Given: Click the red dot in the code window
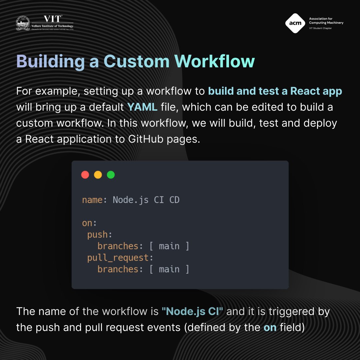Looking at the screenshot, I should [85, 175].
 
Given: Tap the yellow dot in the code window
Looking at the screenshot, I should [98, 175].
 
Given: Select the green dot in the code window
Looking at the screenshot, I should [111, 175].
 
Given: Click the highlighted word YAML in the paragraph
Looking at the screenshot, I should [142, 107].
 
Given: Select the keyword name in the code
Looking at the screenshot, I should [92, 200].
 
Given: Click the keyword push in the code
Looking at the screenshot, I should [97, 235].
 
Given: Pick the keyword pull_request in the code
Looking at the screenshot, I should [117, 258].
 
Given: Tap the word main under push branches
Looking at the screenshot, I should [169, 246].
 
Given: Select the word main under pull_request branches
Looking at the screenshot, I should [169, 269].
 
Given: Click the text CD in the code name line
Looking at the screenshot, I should [174, 200].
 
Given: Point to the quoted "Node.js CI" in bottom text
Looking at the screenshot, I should [192, 312].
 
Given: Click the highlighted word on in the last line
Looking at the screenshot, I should [270, 327].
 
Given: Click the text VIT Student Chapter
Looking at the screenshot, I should [320, 28].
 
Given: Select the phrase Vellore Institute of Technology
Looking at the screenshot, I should [53, 26].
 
